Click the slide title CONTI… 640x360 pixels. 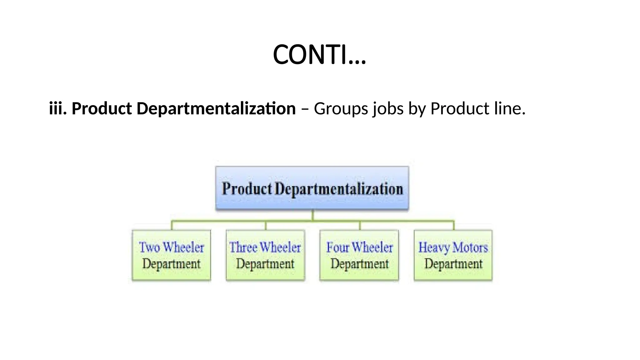point(319,55)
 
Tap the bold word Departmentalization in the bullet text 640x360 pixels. point(216,108)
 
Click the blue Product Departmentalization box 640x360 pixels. point(312,188)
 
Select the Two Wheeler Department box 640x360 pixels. point(172,255)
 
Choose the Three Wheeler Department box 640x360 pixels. point(265,255)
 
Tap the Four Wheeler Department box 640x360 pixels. point(359,255)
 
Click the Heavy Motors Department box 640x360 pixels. point(453,255)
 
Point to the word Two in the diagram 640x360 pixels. point(149,247)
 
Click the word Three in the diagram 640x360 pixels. point(243,247)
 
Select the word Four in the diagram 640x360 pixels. point(337,247)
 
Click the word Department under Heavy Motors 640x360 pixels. point(453,264)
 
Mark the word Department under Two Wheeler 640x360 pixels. point(172,264)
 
